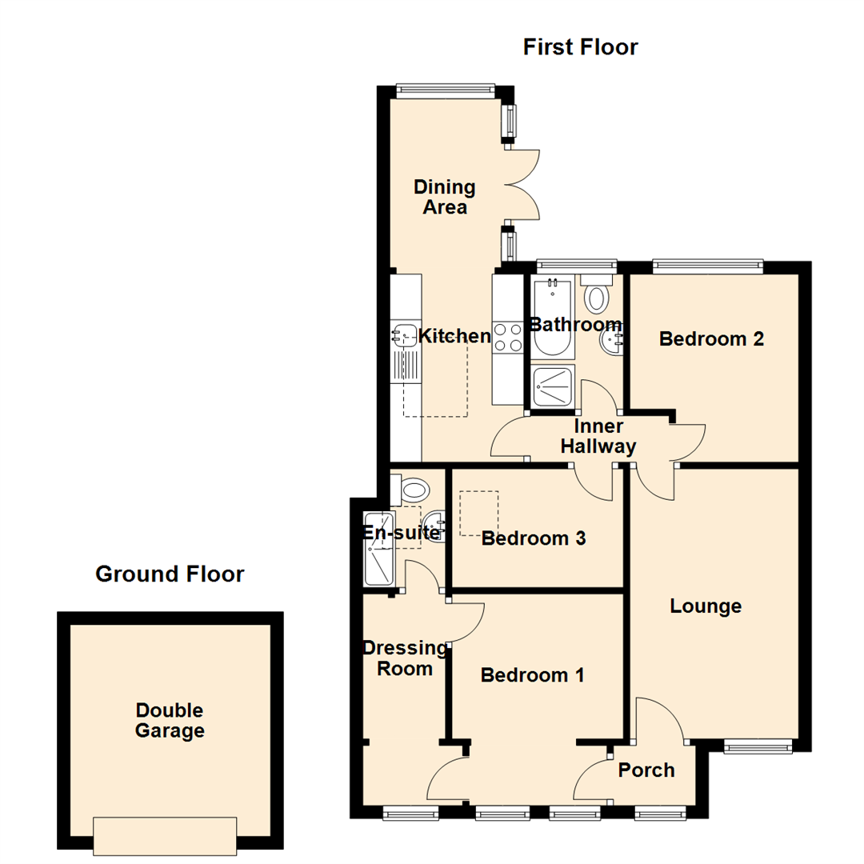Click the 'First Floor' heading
tap(580, 47)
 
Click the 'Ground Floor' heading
tap(169, 574)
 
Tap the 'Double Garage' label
tap(170, 720)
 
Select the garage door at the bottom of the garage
tap(165, 835)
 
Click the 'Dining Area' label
tap(445, 197)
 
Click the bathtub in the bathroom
tap(550, 316)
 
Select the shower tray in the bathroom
tap(551, 386)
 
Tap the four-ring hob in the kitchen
tap(506, 336)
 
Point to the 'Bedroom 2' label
tap(711, 339)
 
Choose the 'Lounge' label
tap(706, 606)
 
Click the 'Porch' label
tap(646, 770)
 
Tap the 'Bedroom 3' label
tap(534, 538)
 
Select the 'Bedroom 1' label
tap(532, 676)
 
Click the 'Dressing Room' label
tap(404, 658)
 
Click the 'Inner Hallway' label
tap(598, 436)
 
